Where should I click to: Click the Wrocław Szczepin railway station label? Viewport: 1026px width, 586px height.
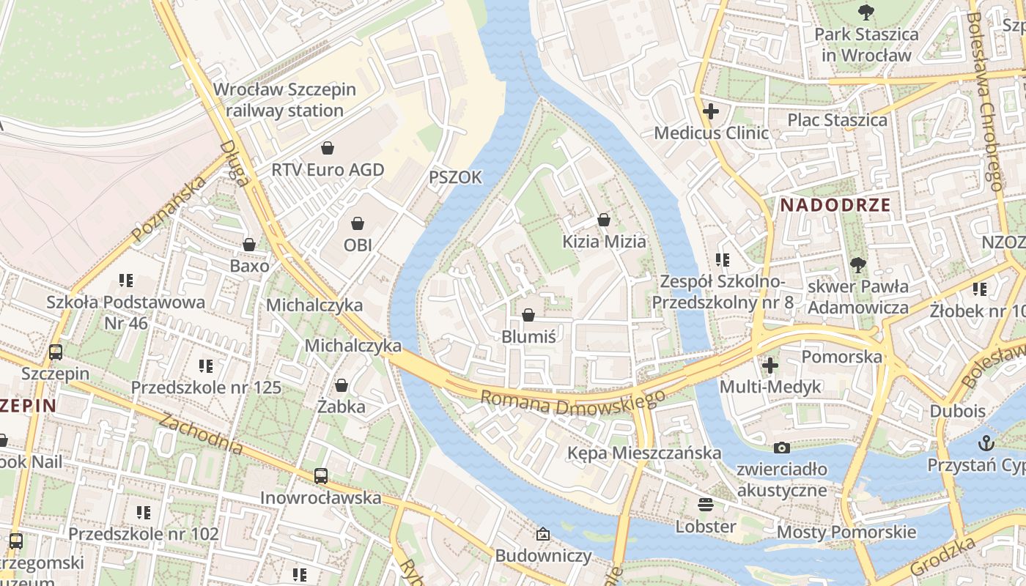click(284, 100)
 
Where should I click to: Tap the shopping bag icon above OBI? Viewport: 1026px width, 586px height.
click(358, 223)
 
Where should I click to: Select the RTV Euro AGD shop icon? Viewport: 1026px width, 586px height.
click(328, 148)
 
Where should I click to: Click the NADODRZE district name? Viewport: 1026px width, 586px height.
click(835, 205)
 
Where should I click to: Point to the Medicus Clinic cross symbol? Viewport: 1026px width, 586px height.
click(710, 111)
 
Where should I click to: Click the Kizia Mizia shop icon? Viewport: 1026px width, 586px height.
click(604, 219)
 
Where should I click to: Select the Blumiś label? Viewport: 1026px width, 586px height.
click(528, 337)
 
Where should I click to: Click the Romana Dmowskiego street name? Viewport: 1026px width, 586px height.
click(572, 405)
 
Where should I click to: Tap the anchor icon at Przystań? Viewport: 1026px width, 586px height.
click(986, 442)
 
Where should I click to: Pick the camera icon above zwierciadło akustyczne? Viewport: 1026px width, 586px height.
click(782, 448)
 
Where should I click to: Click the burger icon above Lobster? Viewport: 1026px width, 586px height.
click(706, 504)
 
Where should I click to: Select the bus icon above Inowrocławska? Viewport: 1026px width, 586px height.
click(321, 475)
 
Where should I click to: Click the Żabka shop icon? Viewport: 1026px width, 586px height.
click(342, 385)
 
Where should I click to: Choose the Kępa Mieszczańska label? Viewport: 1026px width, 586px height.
click(644, 453)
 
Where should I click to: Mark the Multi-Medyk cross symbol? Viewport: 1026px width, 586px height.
click(770, 364)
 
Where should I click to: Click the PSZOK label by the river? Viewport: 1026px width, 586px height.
click(455, 177)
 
